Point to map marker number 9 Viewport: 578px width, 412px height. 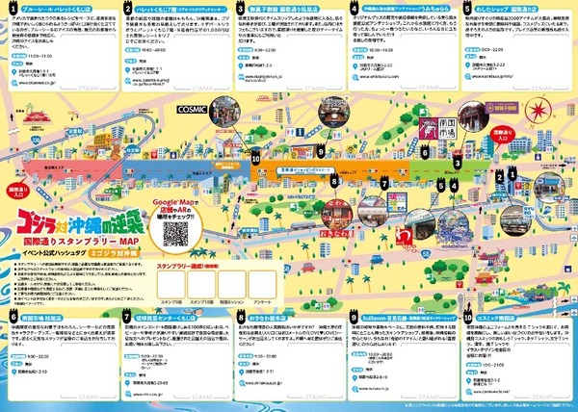click(320, 151)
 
